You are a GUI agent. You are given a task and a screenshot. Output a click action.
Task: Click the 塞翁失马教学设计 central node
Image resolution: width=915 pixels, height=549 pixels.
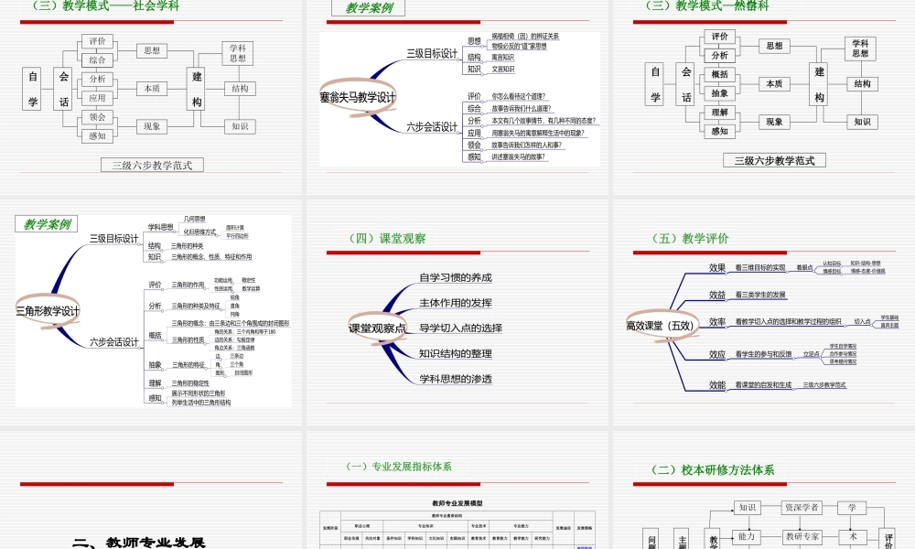coord(358,97)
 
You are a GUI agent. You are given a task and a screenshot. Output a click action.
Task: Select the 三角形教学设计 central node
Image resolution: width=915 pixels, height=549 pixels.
coord(48,311)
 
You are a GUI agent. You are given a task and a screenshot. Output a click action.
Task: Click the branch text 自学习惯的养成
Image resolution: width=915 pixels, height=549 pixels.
coord(455,278)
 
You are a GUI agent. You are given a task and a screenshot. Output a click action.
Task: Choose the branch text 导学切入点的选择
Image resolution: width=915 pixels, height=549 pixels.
coord(460,328)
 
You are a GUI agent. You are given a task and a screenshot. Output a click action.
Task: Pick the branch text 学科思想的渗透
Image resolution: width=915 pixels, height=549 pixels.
coord(455,379)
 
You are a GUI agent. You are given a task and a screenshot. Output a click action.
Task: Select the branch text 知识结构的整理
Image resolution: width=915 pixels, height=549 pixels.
coord(455,353)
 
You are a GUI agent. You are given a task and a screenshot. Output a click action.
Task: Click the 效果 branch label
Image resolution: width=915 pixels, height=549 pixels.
coord(717,267)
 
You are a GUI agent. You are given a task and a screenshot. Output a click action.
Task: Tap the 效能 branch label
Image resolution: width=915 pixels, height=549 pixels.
coord(717,385)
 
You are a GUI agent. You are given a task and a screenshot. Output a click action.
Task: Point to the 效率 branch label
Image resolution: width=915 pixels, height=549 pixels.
coord(717,322)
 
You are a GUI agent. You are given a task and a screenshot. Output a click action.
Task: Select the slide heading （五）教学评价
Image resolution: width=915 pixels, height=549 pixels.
coord(691,239)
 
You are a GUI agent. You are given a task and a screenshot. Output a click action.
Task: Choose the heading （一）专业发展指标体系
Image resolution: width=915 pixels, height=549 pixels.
coord(399,467)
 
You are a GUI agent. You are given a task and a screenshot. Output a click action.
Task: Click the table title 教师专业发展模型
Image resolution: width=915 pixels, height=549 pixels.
coord(457,503)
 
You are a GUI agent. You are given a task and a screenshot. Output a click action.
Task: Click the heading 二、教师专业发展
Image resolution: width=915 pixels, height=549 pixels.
coord(140,543)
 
